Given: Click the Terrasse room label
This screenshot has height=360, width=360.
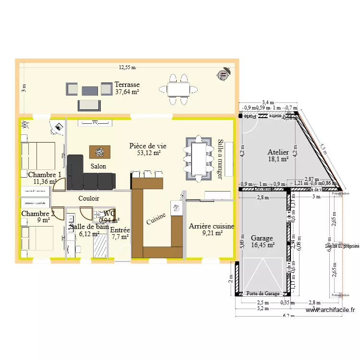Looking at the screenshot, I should pos(127,84).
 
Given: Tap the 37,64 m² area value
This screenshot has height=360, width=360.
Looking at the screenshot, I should pos(127,92).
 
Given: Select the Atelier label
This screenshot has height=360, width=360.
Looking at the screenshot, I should pos(278,152).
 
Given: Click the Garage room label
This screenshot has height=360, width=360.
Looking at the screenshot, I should pos(262,238).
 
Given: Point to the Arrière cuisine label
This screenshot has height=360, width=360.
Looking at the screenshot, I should pos(211,226).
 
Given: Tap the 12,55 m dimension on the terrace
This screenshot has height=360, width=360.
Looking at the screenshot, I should pos(127,67).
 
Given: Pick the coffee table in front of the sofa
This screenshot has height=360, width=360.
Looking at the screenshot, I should pos(100,152).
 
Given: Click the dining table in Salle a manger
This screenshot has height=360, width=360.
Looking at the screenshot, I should pos(198,158).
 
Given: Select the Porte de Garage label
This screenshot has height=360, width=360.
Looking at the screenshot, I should pos(263,293).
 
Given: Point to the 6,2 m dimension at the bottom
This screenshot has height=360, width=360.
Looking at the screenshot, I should pos(288,315).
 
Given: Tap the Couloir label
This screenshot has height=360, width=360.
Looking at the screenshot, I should pos(89,198).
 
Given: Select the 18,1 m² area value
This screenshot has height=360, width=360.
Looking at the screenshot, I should pos(278,159).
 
